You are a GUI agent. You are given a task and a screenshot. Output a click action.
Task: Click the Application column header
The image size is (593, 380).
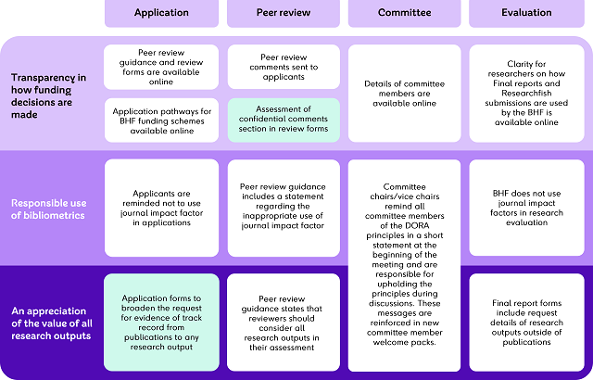pos(161,13)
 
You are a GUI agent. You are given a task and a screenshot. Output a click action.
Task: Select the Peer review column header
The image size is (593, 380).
pos(283,13)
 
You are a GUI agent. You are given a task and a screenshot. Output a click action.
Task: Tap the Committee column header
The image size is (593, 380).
pos(404,13)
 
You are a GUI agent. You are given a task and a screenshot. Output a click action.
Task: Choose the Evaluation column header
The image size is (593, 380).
pos(525,13)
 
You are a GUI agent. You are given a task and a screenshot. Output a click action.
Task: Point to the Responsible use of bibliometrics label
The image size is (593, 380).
pos(48,209)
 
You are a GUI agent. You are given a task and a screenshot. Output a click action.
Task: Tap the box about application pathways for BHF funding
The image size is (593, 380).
pos(161,120)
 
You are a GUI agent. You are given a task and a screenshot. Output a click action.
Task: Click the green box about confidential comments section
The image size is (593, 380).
pos(283,120)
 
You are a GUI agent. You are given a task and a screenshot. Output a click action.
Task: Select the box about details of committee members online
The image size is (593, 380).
pos(404,94)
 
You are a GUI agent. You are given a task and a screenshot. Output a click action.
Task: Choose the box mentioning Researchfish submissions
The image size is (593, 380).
pos(525,94)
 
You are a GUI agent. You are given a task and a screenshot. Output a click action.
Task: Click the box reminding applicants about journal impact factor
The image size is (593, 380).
pos(161,209)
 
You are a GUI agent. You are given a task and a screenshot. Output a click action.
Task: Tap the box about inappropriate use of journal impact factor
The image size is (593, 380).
pos(283,209)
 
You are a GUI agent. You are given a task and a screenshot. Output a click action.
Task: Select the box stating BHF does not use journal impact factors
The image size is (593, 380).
pos(525,209)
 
